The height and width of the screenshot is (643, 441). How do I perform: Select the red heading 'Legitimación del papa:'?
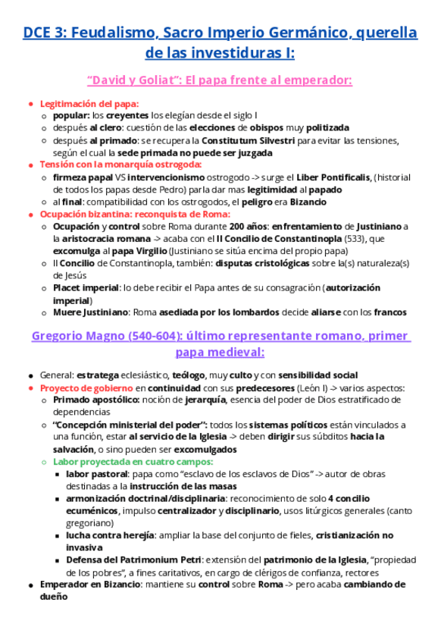tap(89, 104)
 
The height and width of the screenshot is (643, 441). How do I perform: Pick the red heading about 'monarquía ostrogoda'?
tap(120, 165)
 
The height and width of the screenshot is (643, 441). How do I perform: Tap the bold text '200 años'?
tap(249, 226)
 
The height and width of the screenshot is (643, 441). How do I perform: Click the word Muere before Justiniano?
tap(68, 312)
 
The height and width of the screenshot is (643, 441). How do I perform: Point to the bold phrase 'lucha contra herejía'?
tap(114, 535)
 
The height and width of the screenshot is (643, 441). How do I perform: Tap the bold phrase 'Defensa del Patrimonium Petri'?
tap(134, 560)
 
